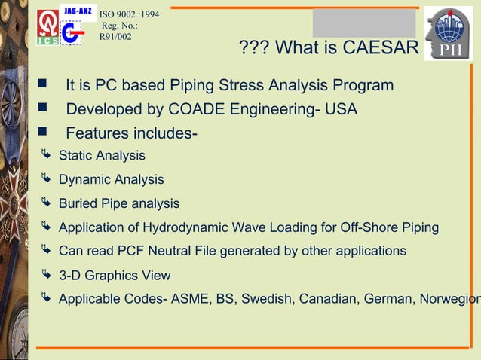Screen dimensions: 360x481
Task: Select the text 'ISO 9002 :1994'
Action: (130, 13)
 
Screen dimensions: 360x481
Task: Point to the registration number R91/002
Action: (110, 36)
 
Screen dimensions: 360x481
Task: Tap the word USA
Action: (341, 111)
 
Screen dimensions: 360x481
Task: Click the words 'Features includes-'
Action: (132, 135)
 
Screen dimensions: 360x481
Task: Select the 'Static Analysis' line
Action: (102, 156)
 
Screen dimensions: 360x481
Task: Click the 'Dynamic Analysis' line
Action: (111, 180)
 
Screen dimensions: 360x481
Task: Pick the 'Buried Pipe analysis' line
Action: (119, 203)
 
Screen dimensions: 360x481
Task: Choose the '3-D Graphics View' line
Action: (115, 276)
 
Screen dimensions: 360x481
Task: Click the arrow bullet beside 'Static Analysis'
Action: (47, 156)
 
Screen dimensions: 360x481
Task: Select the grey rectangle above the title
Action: (365, 23)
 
